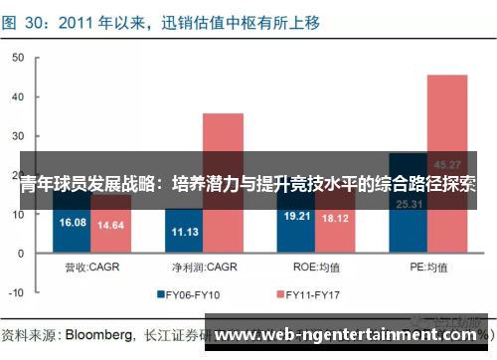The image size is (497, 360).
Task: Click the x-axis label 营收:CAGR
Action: [92, 267]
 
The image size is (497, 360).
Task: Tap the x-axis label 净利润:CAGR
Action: [204, 267]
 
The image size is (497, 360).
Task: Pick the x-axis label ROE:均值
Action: [316, 267]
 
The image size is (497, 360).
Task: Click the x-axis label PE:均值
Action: [427, 267]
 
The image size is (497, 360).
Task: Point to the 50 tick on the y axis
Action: [17, 58]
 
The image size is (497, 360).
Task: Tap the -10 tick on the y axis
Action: [15, 292]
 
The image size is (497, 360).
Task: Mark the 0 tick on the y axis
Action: [20, 254]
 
